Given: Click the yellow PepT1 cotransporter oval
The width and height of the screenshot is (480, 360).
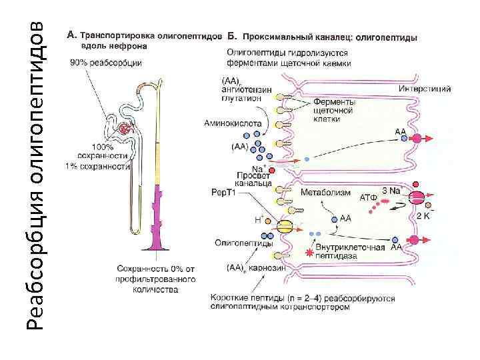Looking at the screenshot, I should [x=285, y=227].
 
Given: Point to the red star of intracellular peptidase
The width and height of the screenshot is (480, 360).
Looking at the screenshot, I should [x=308, y=253].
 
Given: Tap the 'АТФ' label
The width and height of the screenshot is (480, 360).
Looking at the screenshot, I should [x=369, y=197].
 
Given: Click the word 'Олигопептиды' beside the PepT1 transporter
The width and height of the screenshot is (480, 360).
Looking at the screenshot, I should [x=235, y=243].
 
